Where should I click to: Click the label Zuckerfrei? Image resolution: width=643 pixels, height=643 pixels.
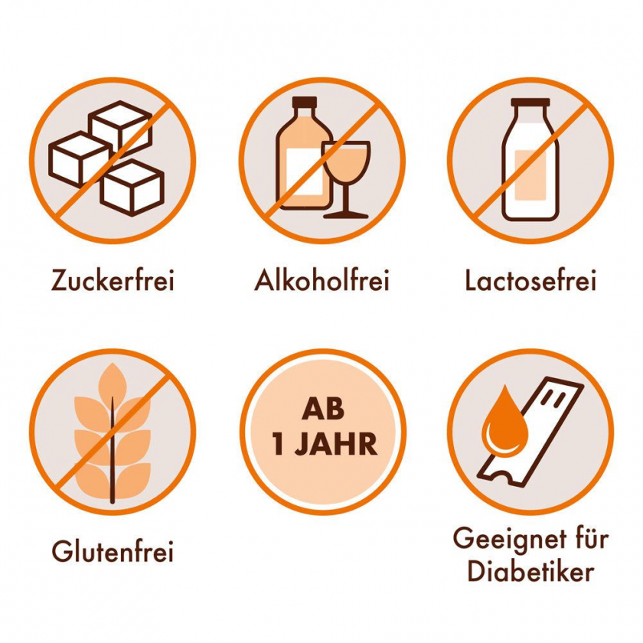pos(113,280)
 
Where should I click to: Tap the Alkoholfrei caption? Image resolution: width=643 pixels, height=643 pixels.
pos(322,280)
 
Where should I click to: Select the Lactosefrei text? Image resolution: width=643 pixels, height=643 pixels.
pos(530,280)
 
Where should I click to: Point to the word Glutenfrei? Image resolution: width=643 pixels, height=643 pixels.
pos(113,550)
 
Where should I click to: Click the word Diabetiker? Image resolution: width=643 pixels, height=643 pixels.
pos(530,570)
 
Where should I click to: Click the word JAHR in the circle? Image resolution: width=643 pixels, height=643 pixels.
pos(336,444)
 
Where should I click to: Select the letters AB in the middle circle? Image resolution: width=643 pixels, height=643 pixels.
pos(323,410)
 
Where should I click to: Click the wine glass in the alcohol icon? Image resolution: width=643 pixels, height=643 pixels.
pos(346,179)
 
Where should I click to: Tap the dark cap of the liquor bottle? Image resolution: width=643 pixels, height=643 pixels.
pos(305,102)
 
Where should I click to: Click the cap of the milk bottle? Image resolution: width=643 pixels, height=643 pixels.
pos(530,103)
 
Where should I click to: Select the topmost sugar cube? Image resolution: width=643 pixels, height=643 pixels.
pos(120,126)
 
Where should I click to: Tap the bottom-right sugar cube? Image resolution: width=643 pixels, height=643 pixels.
pos(132,188)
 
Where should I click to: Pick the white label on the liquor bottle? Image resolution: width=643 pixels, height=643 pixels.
pos(304,171)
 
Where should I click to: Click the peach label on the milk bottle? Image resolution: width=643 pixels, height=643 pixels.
pos(530,175)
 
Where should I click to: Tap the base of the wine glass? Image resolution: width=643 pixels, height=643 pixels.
pos(346,215)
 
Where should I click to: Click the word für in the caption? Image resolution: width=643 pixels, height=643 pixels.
pos(592,538)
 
